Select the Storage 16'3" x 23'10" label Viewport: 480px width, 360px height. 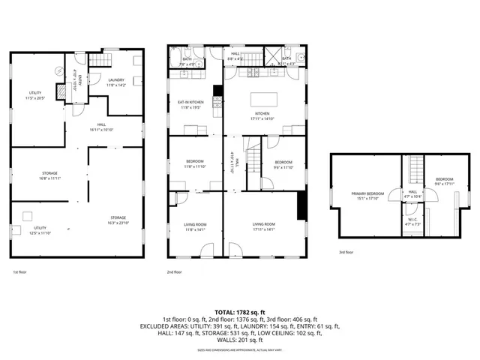coord(115,220)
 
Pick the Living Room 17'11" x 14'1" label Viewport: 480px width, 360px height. coord(262,226)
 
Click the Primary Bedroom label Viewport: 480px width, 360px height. coord(367,196)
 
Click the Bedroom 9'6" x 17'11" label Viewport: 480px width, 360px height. coord(445,181)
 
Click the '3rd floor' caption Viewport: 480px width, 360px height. coord(346,252)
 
